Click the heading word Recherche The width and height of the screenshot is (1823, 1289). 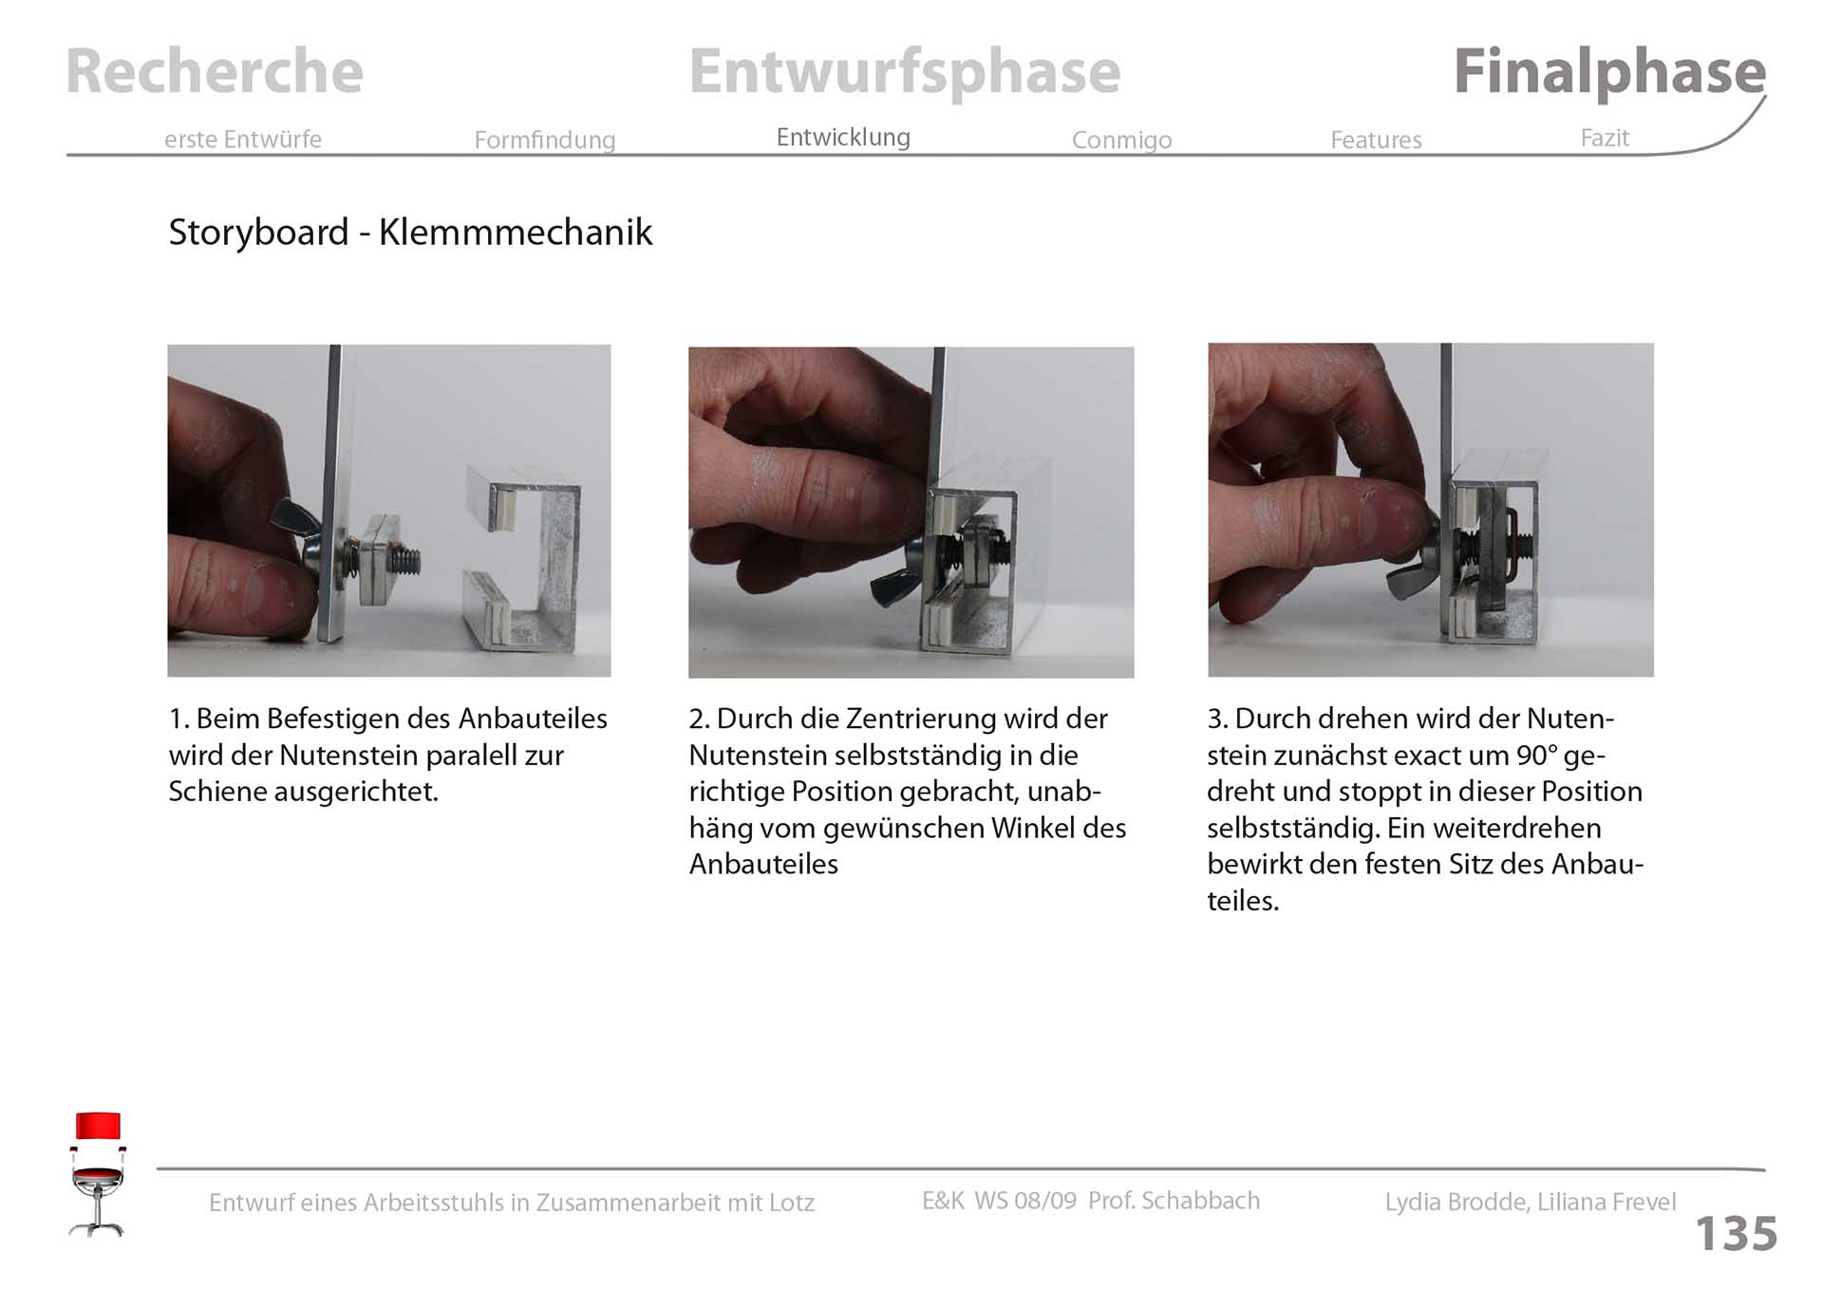pyautogui.click(x=215, y=71)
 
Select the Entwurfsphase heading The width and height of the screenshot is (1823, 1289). pyautogui.click(x=905, y=73)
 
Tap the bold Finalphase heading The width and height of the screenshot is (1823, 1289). pyautogui.click(x=1609, y=72)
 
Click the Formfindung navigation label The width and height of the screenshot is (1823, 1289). pyautogui.click(x=545, y=140)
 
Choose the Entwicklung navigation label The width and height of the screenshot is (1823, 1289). pyautogui.click(x=843, y=138)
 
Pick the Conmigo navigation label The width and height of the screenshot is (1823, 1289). pyautogui.click(x=1121, y=140)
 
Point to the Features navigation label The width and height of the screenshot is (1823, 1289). pyautogui.click(x=1376, y=140)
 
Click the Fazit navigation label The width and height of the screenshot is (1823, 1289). pyautogui.click(x=1605, y=138)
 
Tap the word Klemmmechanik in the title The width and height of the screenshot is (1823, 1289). pyautogui.click(x=516, y=233)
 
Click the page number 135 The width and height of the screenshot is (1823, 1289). pyautogui.click(x=1736, y=1234)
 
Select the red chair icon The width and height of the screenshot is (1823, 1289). pyautogui.click(x=98, y=1174)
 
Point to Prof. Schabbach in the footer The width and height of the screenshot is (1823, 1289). pyautogui.click(x=1174, y=1201)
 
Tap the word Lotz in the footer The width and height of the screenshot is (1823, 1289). pyautogui.click(x=792, y=1203)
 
